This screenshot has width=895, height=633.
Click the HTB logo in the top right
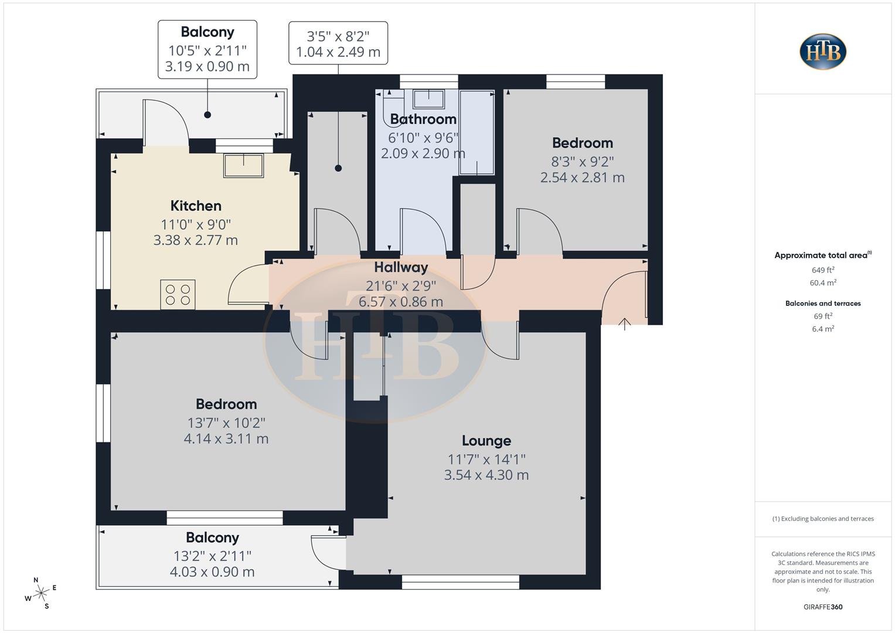tap(823, 52)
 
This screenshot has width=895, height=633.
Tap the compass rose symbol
tap(40, 593)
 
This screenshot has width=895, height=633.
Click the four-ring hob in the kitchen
tap(178, 294)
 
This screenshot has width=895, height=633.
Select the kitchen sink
tap(243, 165)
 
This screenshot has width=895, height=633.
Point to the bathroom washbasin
tap(428, 98)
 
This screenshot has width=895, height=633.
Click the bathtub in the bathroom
tap(477, 132)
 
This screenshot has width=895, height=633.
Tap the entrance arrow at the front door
tap(625, 324)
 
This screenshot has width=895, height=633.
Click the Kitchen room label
tap(196, 206)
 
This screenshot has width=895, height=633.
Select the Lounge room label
tap(486, 441)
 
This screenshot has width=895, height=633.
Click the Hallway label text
tap(401, 267)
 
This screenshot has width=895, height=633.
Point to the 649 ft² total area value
tap(823, 270)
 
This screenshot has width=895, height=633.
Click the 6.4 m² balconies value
tap(823, 329)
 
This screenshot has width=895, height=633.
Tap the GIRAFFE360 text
tap(823, 607)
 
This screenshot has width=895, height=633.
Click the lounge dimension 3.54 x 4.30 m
tap(486, 475)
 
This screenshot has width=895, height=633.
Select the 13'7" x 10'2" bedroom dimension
tap(226, 423)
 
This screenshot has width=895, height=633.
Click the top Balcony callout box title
tap(207, 32)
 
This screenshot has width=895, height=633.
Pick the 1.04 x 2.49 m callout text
tap(338, 52)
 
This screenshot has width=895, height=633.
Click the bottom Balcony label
tap(212, 537)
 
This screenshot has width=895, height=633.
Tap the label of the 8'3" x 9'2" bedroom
tap(582, 143)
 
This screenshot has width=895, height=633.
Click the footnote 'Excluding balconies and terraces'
tap(823, 519)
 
